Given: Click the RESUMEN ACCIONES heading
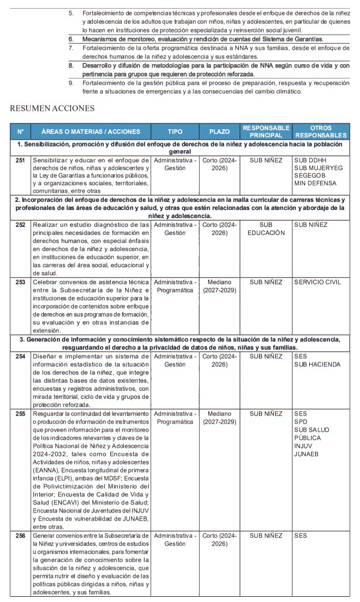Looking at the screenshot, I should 52,108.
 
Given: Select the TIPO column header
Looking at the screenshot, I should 175,132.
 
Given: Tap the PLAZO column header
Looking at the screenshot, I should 219,132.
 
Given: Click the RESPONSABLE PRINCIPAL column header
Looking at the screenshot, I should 266,131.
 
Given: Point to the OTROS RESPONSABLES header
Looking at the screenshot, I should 321,131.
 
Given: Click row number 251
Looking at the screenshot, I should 20,159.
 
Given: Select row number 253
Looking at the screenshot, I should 20,282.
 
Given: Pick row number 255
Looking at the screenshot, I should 20,414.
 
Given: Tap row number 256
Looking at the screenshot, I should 20,536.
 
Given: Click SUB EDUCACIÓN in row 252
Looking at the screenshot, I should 266,229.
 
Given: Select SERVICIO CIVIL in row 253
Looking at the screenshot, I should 317,282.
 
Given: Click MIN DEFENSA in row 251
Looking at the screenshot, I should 315,184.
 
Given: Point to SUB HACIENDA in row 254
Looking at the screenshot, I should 317,365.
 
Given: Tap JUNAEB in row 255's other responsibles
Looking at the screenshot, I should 306,454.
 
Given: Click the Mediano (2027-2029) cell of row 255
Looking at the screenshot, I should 219,418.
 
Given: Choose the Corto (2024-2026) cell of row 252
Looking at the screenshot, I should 219,229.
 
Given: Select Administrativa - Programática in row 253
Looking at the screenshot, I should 175,286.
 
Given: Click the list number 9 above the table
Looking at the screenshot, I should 70,83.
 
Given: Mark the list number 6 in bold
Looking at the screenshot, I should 70,39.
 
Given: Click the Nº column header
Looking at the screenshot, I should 20,132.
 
